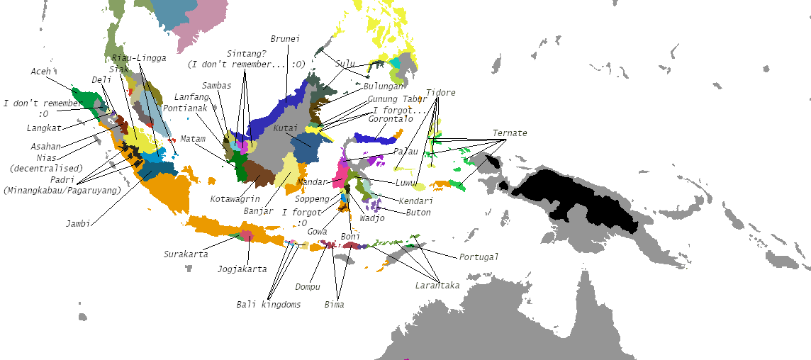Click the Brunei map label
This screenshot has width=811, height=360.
click(x=286, y=39)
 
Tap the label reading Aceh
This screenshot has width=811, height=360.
click(x=41, y=72)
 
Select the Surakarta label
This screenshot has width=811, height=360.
click(x=186, y=254)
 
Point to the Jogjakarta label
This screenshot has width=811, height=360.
click(x=242, y=269)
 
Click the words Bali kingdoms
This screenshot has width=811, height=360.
click(x=268, y=304)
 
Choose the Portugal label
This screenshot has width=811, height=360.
click(x=479, y=257)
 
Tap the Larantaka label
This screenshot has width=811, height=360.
click(x=437, y=285)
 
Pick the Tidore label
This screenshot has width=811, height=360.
click(x=440, y=93)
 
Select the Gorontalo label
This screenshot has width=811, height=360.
click(x=390, y=118)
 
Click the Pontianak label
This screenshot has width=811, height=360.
click(x=184, y=108)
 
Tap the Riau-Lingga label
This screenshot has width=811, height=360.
click(x=139, y=57)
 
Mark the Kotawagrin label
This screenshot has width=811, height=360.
click(x=235, y=198)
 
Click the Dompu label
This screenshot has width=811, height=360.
click(x=308, y=287)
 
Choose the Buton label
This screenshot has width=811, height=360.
click(x=418, y=212)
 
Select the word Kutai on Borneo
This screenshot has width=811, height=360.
click(x=284, y=128)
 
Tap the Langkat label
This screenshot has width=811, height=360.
click(x=44, y=128)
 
